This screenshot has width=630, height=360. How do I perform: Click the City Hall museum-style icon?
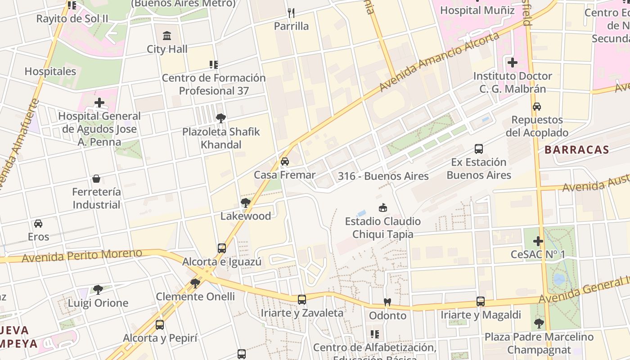coord(167,36)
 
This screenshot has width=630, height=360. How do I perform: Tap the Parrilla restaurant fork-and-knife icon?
coord(291,13)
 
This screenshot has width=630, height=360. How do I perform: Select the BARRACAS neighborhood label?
coord(577,150)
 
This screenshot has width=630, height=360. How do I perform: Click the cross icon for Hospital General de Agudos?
coord(99,103)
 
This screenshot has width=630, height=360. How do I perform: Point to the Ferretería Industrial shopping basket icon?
coord(96,179)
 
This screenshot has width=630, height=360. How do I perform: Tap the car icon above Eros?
coord(38,224)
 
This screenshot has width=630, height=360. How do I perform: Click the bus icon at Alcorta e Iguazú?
coord(222,248)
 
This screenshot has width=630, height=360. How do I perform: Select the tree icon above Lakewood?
coord(245,203)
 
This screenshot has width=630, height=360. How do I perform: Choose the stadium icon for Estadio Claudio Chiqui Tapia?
coord(383,208)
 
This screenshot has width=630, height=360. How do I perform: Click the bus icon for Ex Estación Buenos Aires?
coord(479,149)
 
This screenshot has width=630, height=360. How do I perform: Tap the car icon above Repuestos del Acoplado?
coord(536,107)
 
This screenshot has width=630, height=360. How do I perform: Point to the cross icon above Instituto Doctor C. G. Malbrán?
coord(512,63)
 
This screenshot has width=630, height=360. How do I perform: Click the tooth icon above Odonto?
coord(387,302)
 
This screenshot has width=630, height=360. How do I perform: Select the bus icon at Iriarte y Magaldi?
coord(481,301)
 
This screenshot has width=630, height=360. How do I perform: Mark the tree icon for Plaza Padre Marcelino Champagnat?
coord(539,323)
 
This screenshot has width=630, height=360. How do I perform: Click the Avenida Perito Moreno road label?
coord(81,256)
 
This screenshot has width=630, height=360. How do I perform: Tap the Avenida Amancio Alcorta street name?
coord(439,61)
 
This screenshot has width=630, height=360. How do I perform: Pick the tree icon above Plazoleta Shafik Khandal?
coord(220,118)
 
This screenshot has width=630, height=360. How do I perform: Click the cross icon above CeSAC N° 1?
coord(538,241)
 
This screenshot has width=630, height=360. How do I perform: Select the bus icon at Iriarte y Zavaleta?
coord(302,299)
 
